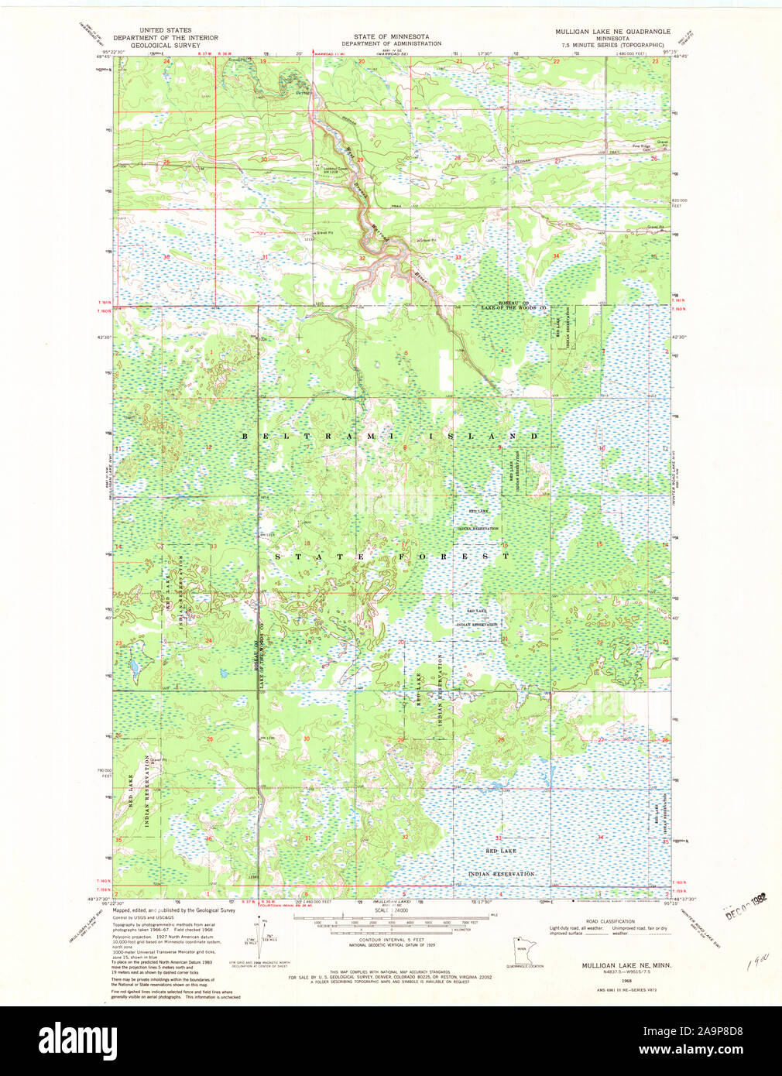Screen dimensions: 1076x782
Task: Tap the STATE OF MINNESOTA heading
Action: click(x=391, y=36)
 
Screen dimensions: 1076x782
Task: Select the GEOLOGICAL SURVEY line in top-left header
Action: click(x=165, y=45)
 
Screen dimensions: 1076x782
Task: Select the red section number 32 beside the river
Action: click(x=362, y=257)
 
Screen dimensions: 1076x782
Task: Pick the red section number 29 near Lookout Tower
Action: click(x=360, y=160)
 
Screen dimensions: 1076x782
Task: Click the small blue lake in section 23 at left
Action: click(x=133, y=665)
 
